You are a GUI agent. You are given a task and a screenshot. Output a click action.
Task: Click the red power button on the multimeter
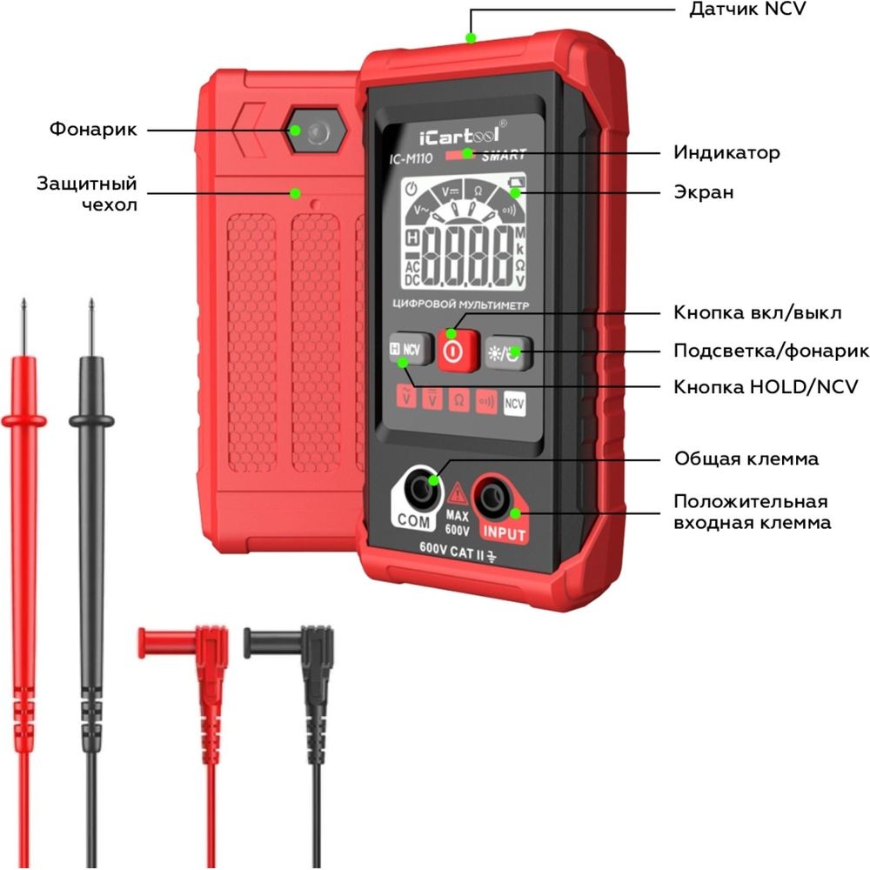coord(458,351)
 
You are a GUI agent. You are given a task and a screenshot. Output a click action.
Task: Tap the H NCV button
coord(411,350)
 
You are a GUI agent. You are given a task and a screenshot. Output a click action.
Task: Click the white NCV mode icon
coord(514,404)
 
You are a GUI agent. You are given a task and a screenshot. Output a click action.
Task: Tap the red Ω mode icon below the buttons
coord(458,399)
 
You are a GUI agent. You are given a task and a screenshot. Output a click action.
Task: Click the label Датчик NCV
coord(747,10)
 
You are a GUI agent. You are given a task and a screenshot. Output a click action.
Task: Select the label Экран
coord(704,192)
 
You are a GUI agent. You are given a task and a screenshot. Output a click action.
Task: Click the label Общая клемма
coord(746,458)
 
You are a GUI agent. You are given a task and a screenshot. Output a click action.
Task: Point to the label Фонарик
coord(93,130)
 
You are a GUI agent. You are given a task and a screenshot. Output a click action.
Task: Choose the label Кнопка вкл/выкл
coord(758,312)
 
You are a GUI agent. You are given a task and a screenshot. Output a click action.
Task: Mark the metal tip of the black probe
coord(91,327)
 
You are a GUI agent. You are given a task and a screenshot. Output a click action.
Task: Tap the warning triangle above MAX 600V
coord(458,494)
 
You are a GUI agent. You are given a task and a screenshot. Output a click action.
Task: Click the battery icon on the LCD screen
coord(517,182)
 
